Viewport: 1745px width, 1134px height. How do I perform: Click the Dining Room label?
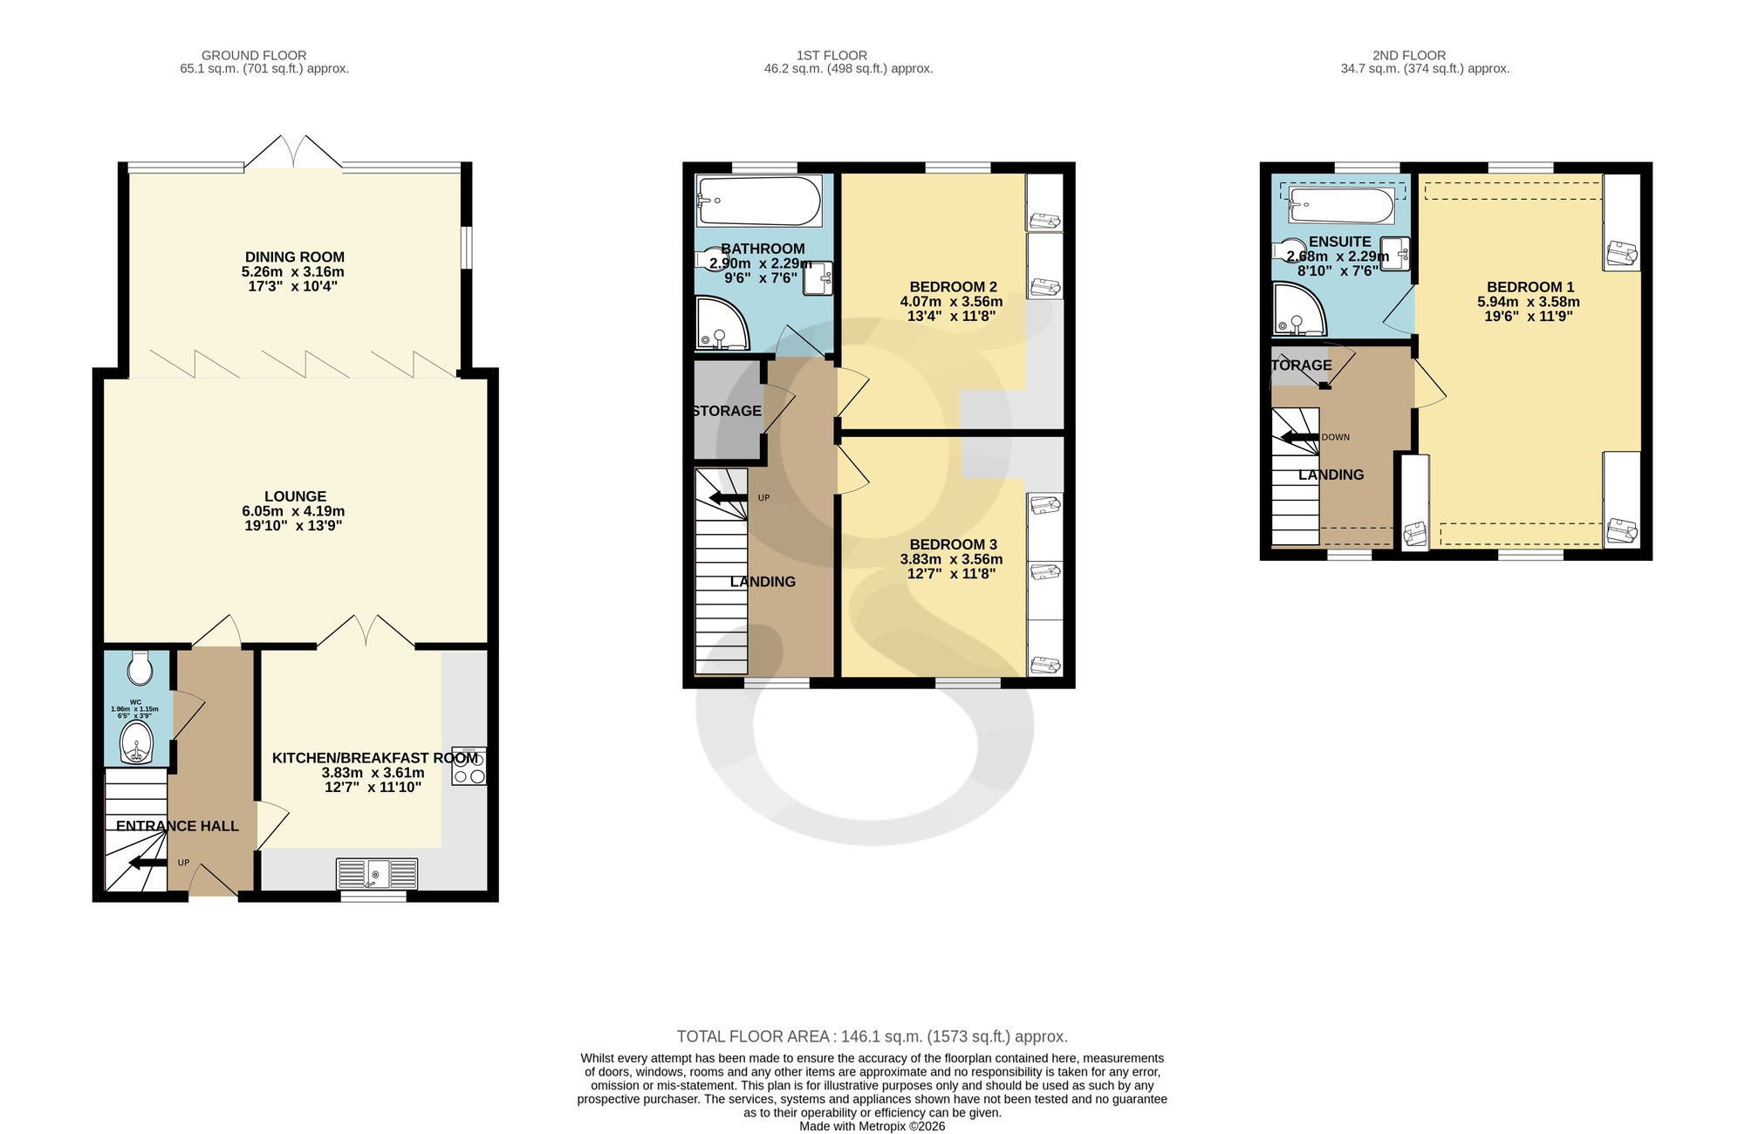[295, 257]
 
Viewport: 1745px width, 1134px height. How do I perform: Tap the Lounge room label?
[296, 496]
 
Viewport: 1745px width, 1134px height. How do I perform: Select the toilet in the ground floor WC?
[140, 668]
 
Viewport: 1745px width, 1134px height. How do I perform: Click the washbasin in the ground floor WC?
[137, 742]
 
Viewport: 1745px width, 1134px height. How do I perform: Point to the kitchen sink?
[377, 873]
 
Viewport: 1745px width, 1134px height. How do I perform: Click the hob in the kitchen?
[469, 766]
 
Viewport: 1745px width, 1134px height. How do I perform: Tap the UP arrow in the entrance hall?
[148, 864]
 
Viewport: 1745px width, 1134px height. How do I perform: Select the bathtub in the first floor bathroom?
[759, 202]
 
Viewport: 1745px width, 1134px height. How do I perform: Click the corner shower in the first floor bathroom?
[722, 324]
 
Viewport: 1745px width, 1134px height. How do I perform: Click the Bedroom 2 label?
[953, 287]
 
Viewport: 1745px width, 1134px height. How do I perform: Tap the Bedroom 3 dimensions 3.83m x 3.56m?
[952, 559]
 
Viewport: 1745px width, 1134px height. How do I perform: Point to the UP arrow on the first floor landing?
[729, 498]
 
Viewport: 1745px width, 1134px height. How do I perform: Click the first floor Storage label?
[727, 411]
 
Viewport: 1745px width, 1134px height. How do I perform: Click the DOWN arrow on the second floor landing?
[1299, 437]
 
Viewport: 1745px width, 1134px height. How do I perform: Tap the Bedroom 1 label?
[1530, 287]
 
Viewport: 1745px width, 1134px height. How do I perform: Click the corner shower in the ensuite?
[1299, 310]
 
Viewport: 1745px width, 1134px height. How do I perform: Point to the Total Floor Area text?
[872, 1036]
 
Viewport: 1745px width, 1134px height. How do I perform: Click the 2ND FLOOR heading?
[1409, 55]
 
